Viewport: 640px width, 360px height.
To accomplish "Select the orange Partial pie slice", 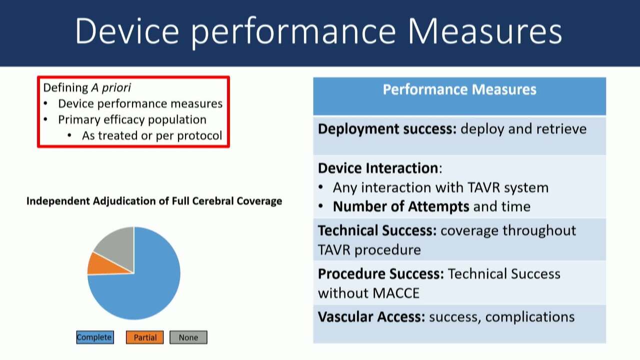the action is coord(105,265).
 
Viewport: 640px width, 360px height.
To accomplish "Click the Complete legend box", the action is coord(95,337).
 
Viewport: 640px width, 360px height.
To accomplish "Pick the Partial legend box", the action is coord(145,337).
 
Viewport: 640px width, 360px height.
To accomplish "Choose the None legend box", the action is coord(188,337).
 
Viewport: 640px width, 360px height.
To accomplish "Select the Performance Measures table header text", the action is coord(459,89).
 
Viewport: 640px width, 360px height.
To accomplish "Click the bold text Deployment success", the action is coord(387,129).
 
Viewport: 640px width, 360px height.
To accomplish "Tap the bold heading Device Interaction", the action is coord(378,168).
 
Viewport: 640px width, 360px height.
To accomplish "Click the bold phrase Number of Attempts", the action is coord(401,206).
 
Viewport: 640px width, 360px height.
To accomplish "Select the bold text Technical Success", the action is coord(377,230).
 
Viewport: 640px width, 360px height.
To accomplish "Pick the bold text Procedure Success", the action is coord(381,273).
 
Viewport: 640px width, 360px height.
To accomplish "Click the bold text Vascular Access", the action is coord(371,317).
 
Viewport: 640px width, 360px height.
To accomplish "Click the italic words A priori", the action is coord(111,87).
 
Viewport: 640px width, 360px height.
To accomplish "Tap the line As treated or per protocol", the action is coord(152,135).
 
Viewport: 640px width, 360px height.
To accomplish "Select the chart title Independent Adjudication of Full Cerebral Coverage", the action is coord(154,201).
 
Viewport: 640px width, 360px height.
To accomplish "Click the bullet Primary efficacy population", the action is coord(132,119).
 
